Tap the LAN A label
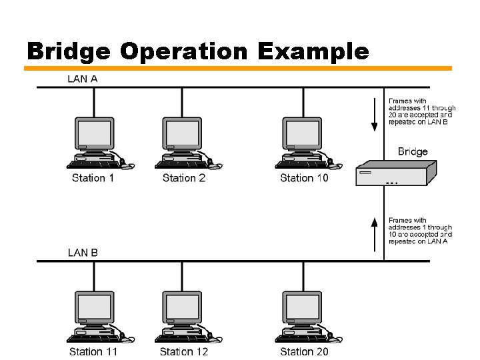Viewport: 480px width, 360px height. pos(83,79)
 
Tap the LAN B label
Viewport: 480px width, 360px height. pos(83,253)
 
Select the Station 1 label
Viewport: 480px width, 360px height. pos(93,178)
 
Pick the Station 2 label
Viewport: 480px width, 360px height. pos(183,178)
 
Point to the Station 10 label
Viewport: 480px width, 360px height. pos(304,178)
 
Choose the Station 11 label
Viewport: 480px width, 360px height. pos(93,351)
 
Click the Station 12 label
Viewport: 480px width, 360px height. pos(183,351)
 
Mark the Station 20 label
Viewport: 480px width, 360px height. pos(304,351)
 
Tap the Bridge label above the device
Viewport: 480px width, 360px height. pos(413,151)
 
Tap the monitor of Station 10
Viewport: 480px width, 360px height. pos(302,135)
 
